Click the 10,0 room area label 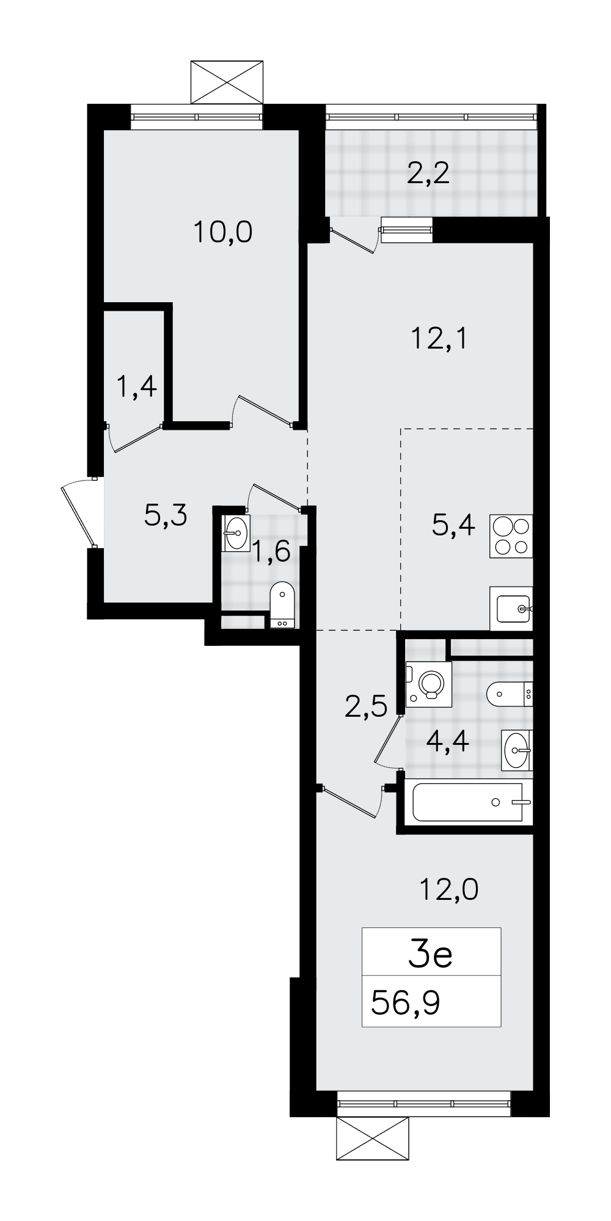tap(223, 233)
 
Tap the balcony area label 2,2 tap(428, 174)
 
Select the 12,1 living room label tap(440, 338)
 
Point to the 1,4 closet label tap(137, 386)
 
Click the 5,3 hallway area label tap(166, 516)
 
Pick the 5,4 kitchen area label tap(453, 525)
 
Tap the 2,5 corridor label tap(366, 707)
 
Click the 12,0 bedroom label tap(448, 890)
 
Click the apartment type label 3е tap(430, 955)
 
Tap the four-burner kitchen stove tap(511, 536)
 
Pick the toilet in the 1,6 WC tap(282, 605)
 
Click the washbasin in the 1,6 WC tap(236, 534)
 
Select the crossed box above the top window tap(227, 82)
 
